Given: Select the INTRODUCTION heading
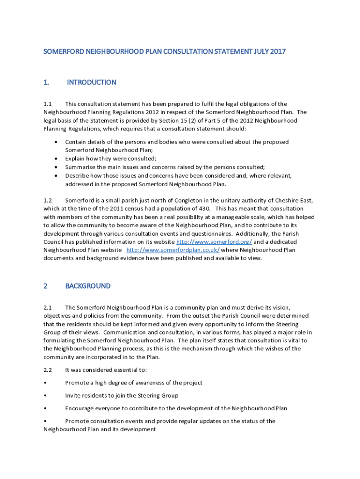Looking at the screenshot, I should pyautogui.click(x=91, y=82).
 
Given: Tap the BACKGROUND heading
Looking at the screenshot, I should pyautogui.click(x=88, y=286).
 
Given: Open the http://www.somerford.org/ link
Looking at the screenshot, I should pyautogui.click(x=214, y=242).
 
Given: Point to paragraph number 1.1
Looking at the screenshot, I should pyautogui.click(x=48, y=104).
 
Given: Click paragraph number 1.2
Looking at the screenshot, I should pyautogui.click(x=48, y=200).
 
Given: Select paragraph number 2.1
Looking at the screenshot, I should pyautogui.click(x=48, y=307).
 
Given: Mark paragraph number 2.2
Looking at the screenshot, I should pyautogui.click(x=48, y=370).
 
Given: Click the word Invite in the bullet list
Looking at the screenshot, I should pyautogui.click(x=73, y=396).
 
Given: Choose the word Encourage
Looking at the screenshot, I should pyautogui.click(x=79, y=408).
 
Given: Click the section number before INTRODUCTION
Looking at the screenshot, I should pyautogui.click(x=46, y=82).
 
